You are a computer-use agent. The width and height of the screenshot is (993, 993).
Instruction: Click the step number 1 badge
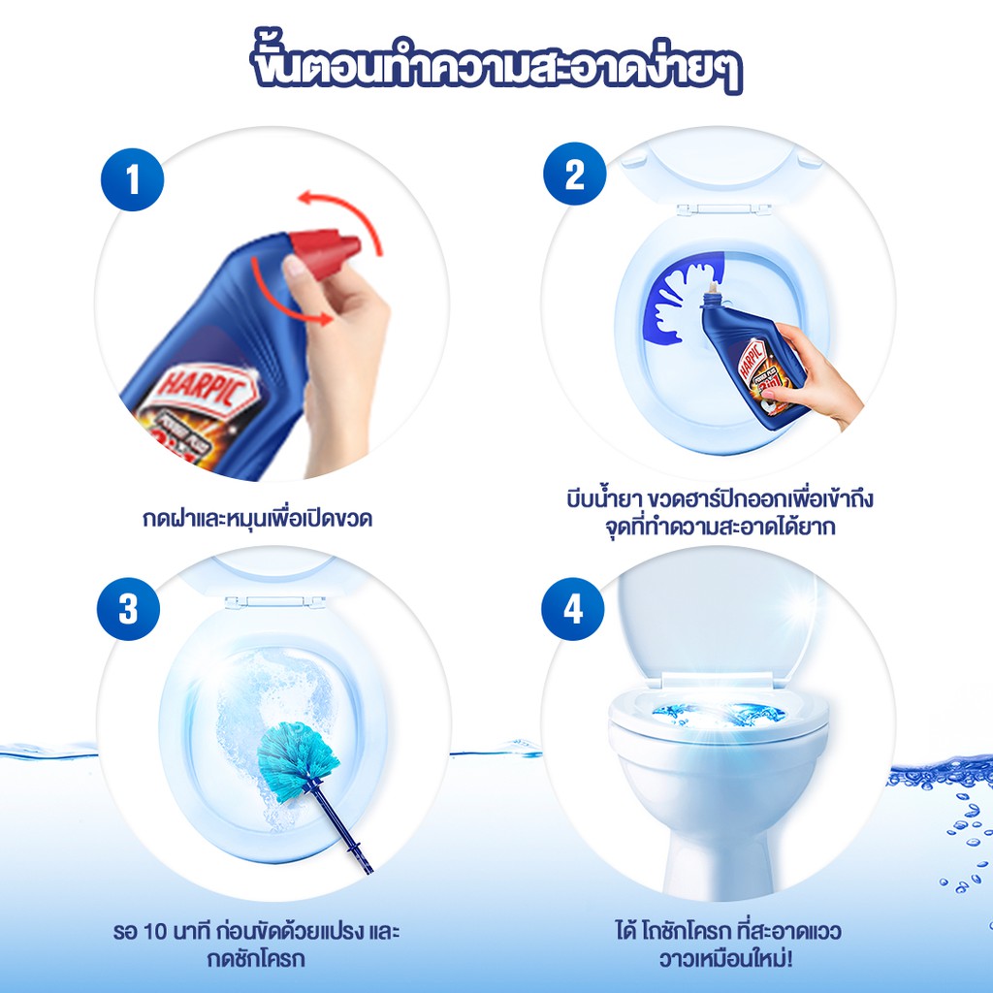coord(132,179)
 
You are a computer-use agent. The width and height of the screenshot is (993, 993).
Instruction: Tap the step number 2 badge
coord(574,174)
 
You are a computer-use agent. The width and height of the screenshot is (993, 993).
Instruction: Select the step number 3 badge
coord(128,609)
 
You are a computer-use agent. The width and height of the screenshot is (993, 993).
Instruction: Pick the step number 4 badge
coord(572,609)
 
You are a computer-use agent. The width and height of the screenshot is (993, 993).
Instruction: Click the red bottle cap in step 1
coord(324,252)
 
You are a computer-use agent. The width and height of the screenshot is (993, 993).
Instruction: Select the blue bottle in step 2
coord(753,360)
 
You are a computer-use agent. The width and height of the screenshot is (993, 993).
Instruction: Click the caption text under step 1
coord(257,518)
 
